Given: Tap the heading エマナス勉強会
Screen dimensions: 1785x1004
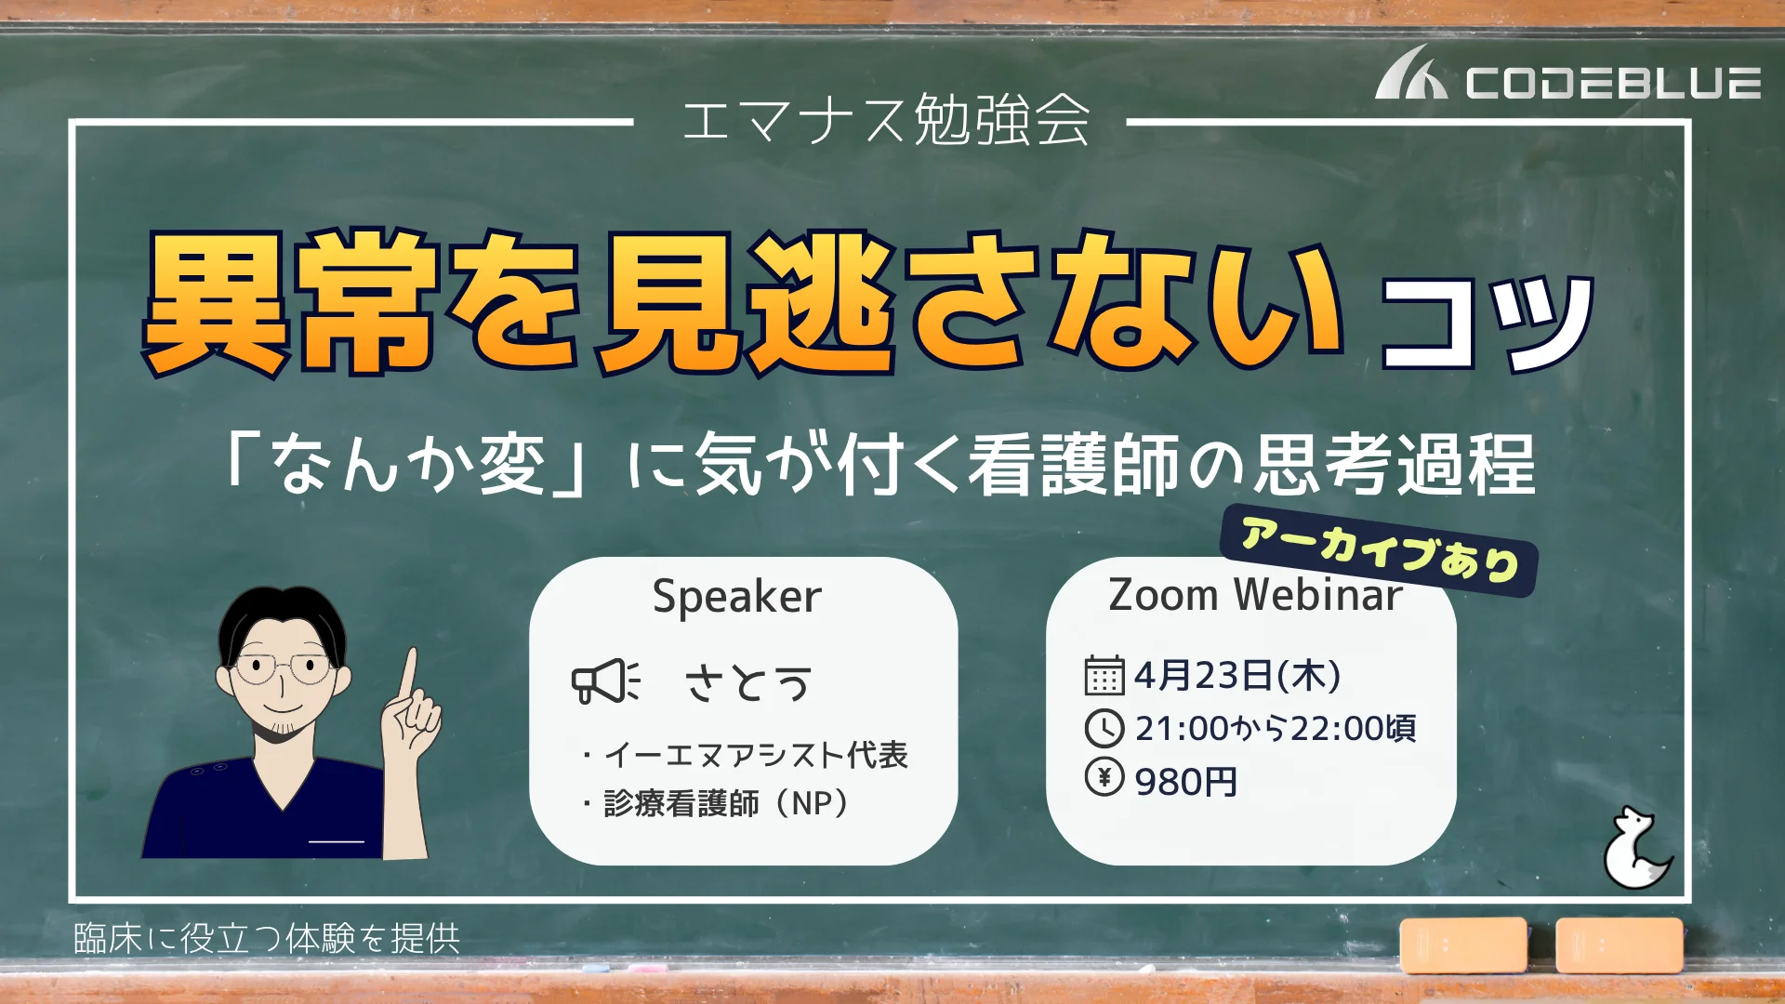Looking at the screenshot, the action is [886, 120].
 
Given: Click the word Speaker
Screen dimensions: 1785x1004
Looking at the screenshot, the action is [737, 597].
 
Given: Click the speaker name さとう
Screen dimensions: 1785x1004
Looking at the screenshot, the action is [748, 683].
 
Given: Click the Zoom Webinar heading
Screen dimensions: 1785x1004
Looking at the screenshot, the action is [1255, 595].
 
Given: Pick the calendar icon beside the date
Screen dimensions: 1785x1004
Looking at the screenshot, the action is [1104, 676].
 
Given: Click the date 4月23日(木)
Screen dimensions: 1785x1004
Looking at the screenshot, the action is [1237, 676].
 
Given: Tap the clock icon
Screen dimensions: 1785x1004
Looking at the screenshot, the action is [1104, 728].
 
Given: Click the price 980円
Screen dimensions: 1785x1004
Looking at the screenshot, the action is [1186, 782].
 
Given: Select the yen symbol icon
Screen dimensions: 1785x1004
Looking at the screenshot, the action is [1104, 776].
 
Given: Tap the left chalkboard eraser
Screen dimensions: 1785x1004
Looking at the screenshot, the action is [1463, 945].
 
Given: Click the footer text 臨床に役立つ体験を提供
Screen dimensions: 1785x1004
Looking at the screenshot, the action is [267, 939].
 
